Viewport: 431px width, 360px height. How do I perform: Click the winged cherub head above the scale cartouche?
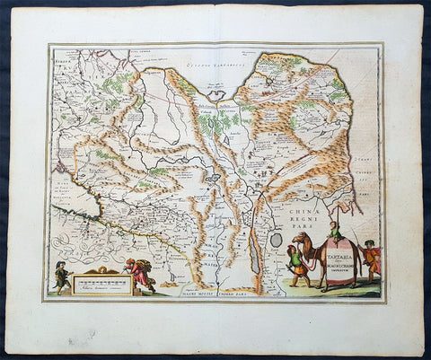pos(101,269)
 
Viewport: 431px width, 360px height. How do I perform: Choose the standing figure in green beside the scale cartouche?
pos(60,276)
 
